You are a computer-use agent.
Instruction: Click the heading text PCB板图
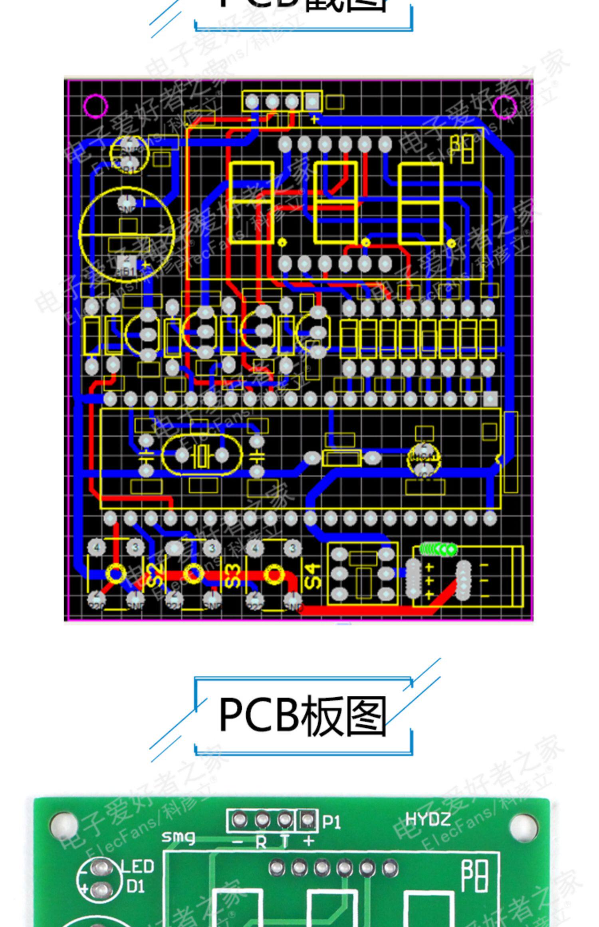[302, 716]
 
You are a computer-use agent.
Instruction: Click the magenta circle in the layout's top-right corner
[505, 107]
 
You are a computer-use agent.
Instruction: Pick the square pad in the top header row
[312, 101]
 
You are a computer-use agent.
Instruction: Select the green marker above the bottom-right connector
[438, 549]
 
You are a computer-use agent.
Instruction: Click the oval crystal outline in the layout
[202, 455]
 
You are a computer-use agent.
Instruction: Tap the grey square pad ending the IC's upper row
[490, 398]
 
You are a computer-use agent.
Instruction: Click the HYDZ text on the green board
[428, 820]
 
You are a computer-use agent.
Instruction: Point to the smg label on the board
[178, 837]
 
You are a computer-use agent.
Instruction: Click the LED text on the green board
[137, 866]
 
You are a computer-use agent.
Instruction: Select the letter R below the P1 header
[261, 842]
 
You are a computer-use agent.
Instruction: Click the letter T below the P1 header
[285, 842]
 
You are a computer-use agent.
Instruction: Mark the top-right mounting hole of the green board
[523, 824]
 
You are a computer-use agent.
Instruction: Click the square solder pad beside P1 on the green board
[307, 820]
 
